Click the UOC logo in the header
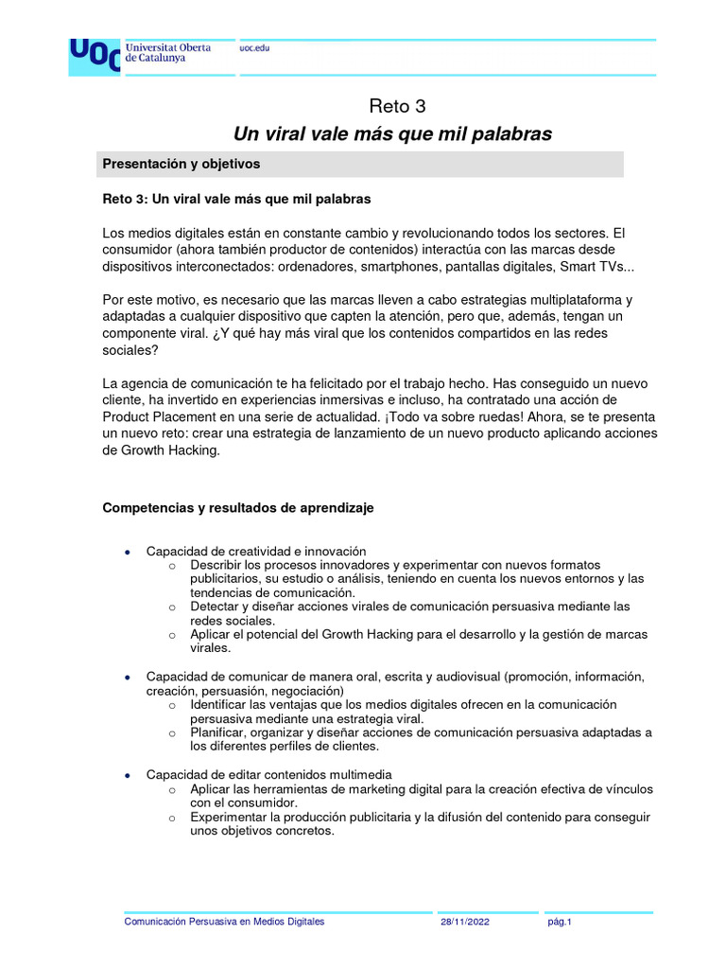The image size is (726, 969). pyautogui.click(x=94, y=57)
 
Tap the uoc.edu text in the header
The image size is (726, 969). pyautogui.click(x=254, y=48)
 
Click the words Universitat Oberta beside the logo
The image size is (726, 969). pyautogui.click(x=167, y=46)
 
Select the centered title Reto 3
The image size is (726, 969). pyautogui.click(x=391, y=106)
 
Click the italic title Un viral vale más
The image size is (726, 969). pyautogui.click(x=391, y=134)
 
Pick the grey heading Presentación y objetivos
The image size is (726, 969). pyautogui.click(x=181, y=164)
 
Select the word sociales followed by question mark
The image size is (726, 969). pyautogui.click(x=130, y=349)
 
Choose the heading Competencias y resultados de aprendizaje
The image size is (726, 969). pyautogui.click(x=237, y=508)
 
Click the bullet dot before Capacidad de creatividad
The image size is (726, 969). pyautogui.click(x=128, y=552)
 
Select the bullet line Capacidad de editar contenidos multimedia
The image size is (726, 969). pyautogui.click(x=268, y=775)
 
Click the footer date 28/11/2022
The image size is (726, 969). pyautogui.click(x=464, y=922)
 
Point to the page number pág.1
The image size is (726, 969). pyautogui.click(x=560, y=922)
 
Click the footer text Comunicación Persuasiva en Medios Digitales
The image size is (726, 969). pyautogui.click(x=224, y=922)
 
